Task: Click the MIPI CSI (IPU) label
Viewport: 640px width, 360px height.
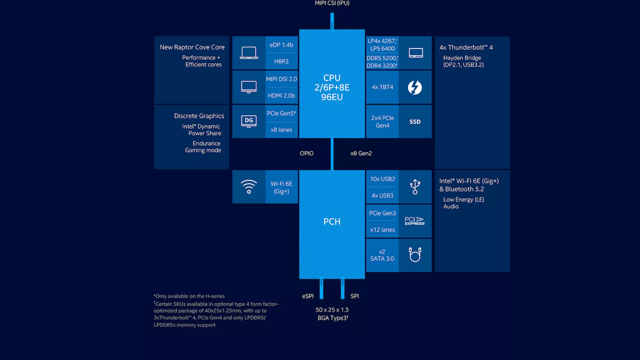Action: [332, 3]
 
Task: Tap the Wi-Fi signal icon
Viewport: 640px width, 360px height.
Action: [249, 187]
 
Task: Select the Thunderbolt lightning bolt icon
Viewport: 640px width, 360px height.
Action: [415, 87]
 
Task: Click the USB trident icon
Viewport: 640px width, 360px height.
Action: [415, 187]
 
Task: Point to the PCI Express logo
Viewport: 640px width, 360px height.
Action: [415, 221]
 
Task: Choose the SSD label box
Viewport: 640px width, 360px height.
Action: [415, 122]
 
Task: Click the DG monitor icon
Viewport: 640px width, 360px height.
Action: [249, 121]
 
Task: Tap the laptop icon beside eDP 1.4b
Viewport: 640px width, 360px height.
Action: [249, 53]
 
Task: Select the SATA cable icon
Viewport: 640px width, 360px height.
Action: [415, 255]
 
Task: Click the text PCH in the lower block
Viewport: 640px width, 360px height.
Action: [332, 222]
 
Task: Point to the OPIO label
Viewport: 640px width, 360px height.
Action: [307, 153]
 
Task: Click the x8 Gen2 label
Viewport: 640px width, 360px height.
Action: [361, 153]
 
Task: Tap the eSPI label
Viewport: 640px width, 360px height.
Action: [308, 296]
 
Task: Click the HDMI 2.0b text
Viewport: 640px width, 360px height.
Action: [281, 96]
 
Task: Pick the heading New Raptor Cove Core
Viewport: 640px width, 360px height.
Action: [192, 47]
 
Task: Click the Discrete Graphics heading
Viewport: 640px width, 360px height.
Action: [199, 116]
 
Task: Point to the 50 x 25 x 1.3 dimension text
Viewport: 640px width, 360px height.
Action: [332, 310]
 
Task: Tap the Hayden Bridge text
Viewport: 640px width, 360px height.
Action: [462, 58]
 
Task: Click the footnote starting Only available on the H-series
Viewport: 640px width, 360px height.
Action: [189, 296]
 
